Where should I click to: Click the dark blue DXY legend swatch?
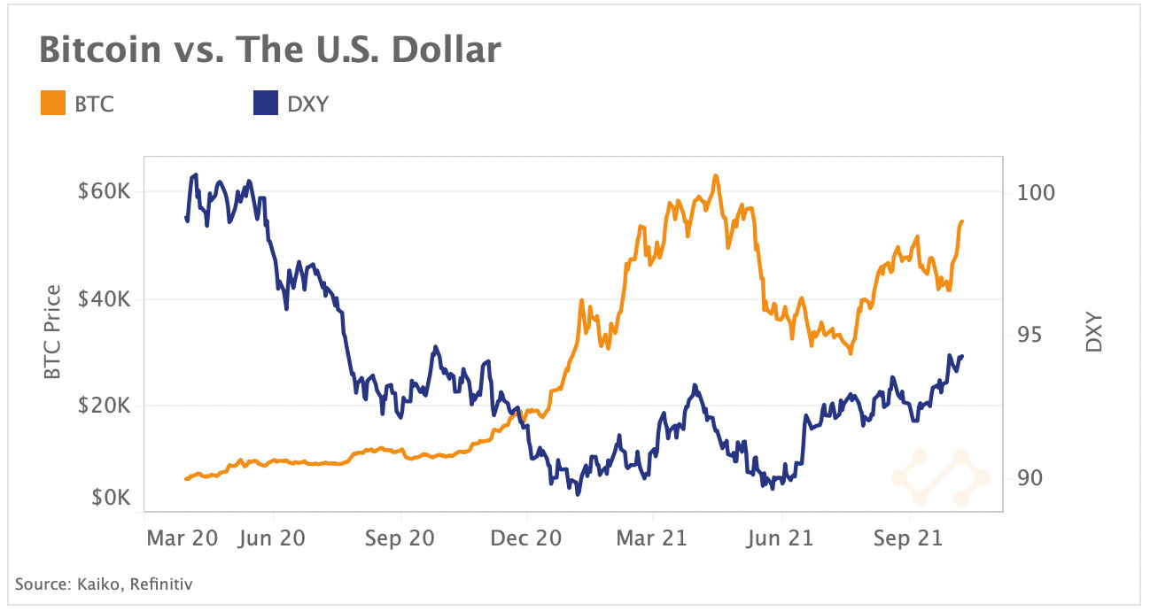266,104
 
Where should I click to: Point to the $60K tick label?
105,191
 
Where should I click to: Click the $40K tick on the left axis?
105,299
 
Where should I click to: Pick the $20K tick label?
105,406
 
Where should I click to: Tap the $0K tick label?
110,497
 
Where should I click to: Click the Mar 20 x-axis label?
182,538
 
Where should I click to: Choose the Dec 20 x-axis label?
526,538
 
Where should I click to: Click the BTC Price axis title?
53,332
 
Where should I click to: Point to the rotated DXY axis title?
1094,332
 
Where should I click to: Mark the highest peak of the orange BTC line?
715,175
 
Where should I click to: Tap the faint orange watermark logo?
939,470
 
